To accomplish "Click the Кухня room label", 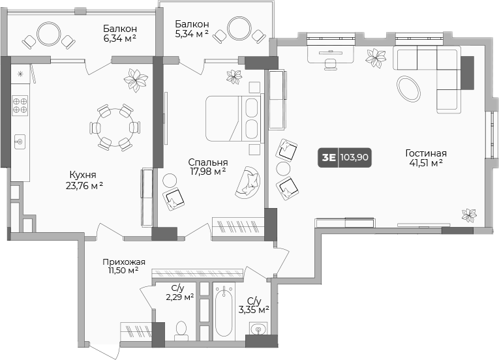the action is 83,175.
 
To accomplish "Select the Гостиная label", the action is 426,153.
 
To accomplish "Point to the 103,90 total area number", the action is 354,157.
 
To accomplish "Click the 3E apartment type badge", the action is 329,157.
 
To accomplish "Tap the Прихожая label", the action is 124,262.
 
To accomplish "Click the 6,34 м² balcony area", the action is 119,38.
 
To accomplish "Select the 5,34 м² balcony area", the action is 192,33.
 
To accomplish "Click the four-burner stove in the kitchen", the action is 20,106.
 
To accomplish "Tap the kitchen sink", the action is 20,142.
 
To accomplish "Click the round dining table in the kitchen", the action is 113,126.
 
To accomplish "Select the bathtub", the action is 224,310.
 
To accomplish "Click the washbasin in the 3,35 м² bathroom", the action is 258,328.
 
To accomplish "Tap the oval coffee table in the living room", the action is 408,89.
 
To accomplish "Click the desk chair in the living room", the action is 331,64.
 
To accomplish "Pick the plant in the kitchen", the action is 136,80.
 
